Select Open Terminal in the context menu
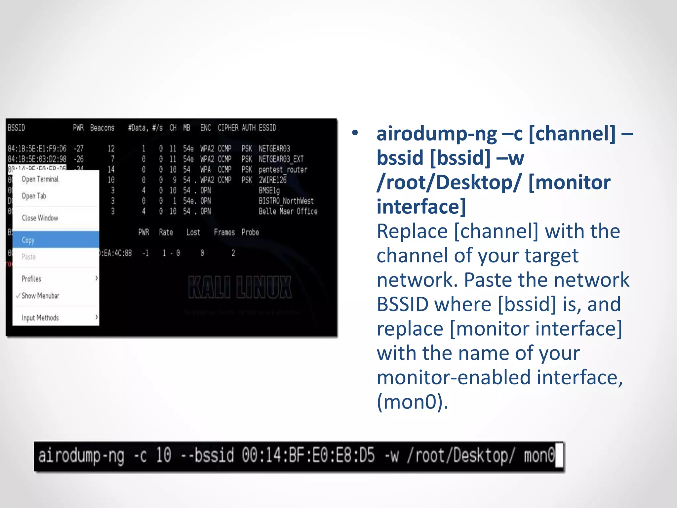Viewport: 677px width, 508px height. coord(40,179)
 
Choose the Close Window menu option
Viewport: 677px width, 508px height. coord(40,218)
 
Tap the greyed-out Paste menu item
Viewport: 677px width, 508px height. coord(29,257)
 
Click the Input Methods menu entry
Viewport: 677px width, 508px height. coord(40,318)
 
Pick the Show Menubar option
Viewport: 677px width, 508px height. coord(40,296)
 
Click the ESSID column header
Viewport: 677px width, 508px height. coord(267,128)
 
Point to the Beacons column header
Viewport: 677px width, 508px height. coord(102,128)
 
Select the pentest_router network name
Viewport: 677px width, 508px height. coord(283,170)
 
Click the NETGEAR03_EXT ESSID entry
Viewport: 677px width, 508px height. coord(281,159)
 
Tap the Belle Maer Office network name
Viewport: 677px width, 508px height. coord(288,211)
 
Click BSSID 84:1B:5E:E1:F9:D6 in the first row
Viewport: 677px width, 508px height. coord(37,148)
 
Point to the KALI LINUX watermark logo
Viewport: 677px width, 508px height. coord(240,287)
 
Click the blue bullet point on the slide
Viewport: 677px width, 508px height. coord(355,133)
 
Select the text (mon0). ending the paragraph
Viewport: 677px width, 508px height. coord(412,402)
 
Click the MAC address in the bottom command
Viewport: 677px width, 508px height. coord(308,455)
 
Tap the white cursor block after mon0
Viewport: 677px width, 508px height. coord(559,455)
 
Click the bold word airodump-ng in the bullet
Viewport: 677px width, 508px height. coord(436,134)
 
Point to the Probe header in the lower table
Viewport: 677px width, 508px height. coord(250,232)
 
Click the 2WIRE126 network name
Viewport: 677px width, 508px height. coord(273,180)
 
